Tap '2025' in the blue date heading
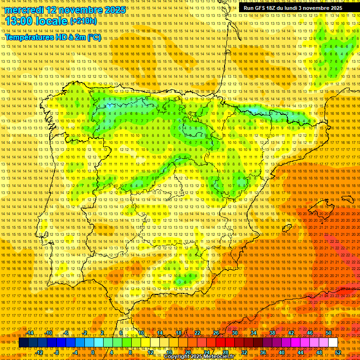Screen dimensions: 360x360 114,10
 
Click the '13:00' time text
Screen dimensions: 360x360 20,21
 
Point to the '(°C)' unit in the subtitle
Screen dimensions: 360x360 93,37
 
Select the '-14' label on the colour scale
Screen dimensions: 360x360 30,333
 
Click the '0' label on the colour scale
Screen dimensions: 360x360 93,352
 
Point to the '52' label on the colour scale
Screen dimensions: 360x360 338,352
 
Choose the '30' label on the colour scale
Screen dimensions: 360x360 234,333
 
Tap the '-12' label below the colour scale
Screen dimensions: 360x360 39,352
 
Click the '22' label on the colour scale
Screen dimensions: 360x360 197,333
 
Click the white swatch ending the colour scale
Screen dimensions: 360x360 333,343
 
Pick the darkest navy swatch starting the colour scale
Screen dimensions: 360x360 23,343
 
